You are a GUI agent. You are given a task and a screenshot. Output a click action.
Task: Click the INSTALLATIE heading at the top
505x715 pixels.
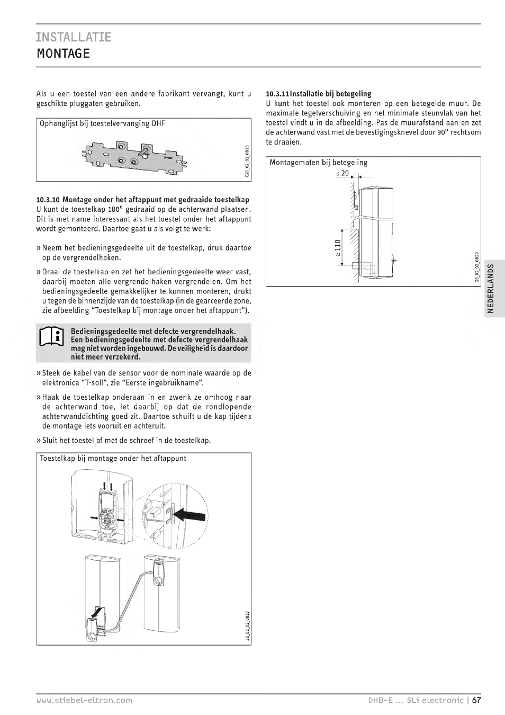74,37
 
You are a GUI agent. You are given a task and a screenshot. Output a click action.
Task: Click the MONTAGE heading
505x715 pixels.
63,53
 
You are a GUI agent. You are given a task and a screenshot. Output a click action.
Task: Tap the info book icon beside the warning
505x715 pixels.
52,337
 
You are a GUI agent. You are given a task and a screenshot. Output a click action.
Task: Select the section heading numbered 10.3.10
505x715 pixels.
142,200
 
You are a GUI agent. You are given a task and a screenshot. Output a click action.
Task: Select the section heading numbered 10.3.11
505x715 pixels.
318,94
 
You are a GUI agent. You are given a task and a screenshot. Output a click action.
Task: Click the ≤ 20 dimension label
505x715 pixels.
342,173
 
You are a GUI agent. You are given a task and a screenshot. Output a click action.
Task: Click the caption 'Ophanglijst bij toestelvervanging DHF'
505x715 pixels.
102,124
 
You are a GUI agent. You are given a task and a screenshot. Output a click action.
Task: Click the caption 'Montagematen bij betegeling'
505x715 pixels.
318,163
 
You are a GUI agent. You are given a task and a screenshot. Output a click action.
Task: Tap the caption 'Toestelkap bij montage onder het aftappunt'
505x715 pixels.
113,459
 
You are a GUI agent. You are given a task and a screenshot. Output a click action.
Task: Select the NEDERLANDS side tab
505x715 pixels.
491,289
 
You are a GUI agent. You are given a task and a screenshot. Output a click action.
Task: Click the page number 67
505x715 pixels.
476,700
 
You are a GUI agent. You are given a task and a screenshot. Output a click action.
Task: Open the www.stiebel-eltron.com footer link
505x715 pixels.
84,700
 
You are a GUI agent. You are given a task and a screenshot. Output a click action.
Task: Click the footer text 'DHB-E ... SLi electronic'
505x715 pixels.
416,700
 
